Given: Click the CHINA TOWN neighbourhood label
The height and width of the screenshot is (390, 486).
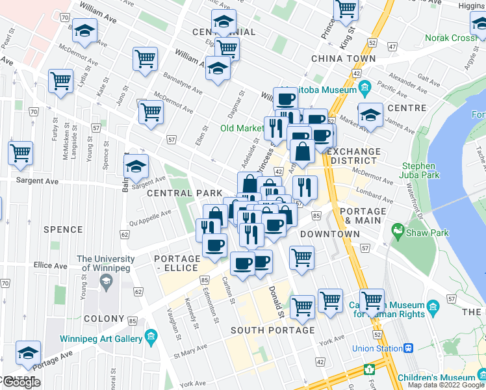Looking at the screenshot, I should pyautogui.click(x=343, y=58).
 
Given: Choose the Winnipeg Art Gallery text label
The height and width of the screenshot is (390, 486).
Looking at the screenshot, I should pyautogui.click(x=101, y=339).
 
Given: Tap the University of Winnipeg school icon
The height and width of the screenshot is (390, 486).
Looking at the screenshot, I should pyautogui.click(x=105, y=281).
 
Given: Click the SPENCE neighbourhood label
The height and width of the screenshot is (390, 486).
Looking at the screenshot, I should pyautogui.click(x=63, y=229).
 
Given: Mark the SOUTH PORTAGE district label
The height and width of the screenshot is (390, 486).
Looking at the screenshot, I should pyautogui.click(x=273, y=330).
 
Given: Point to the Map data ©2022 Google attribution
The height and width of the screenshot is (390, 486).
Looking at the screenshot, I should pyautogui.click(x=446, y=385).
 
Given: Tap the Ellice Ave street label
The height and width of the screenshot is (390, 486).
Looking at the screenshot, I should pyautogui.click(x=51, y=266).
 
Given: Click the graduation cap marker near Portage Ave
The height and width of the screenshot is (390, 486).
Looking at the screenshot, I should pyautogui.click(x=29, y=353).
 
